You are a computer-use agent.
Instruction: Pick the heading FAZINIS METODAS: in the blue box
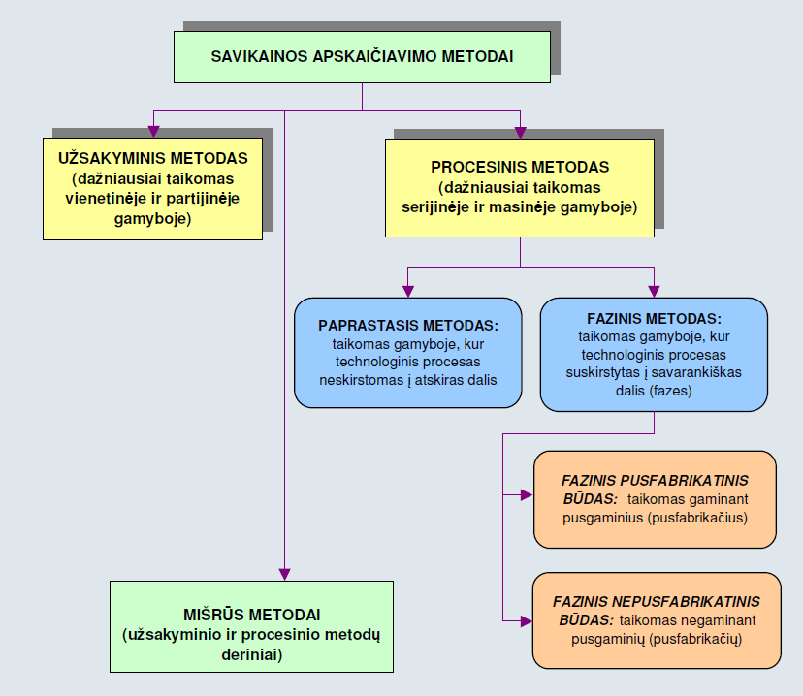click(654, 318)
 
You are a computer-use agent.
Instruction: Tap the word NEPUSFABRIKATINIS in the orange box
click(687, 601)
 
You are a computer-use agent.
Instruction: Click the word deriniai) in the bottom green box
click(252, 654)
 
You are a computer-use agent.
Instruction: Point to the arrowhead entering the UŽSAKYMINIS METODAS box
click(153, 132)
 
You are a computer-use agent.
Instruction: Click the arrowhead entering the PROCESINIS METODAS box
click(521, 133)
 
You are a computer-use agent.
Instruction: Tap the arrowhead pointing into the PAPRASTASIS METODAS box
click(408, 291)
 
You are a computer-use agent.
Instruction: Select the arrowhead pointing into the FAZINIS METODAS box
click(654, 291)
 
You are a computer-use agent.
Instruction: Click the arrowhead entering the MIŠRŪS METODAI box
click(285, 574)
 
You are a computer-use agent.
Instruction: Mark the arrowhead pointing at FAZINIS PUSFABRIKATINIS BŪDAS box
click(527, 495)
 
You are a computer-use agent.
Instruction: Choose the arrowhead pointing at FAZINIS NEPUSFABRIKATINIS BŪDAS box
click(527, 621)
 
